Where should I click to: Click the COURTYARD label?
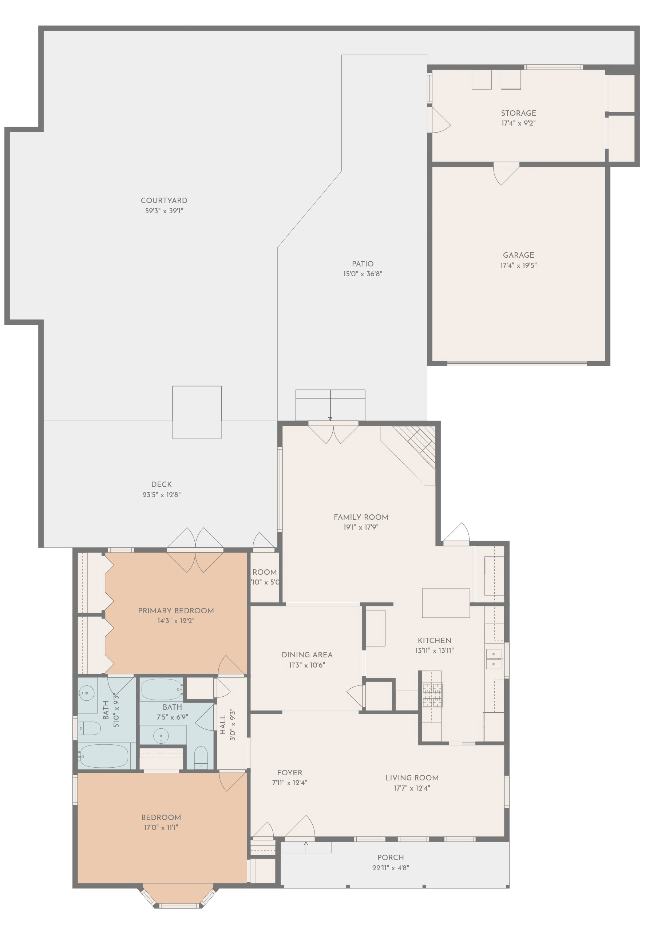point(164,201)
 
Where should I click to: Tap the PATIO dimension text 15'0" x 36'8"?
point(362,274)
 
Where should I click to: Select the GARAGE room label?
point(518,255)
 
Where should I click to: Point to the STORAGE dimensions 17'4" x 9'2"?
point(518,123)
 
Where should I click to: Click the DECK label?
point(161,484)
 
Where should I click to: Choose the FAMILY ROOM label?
point(361,517)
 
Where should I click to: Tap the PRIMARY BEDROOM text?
point(176,611)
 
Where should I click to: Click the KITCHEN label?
point(434,641)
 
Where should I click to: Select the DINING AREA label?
point(307,654)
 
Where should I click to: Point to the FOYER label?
point(289,772)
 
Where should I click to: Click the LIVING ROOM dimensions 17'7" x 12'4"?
point(411,788)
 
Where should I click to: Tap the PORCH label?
point(390,858)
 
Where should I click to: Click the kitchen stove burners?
point(432,695)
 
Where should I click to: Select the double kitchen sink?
point(493,658)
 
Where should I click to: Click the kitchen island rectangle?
point(445,602)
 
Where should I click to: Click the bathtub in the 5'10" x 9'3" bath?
point(104,756)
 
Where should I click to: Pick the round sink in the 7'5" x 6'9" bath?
point(161,736)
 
